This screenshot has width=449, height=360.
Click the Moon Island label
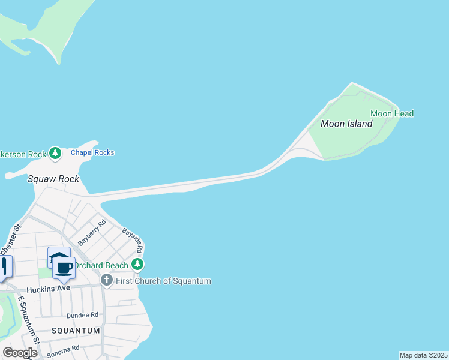[346, 124]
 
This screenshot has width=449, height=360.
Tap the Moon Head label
[392, 113]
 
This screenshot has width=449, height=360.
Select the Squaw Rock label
[53, 179]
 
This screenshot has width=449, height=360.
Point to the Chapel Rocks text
[92, 152]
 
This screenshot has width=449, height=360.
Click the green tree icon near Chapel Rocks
[55, 154]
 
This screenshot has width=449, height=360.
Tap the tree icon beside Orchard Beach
[137, 265]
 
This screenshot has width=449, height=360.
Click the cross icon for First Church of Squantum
[107, 280]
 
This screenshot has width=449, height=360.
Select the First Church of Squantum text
[164, 281]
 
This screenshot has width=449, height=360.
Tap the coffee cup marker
[64, 268]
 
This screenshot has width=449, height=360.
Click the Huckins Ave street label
[49, 288]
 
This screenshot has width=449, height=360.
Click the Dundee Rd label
[82, 315]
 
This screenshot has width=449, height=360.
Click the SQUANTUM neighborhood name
[75, 331]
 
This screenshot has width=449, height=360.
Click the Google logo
[20, 353]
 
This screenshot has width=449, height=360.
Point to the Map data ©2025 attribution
[424, 355]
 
